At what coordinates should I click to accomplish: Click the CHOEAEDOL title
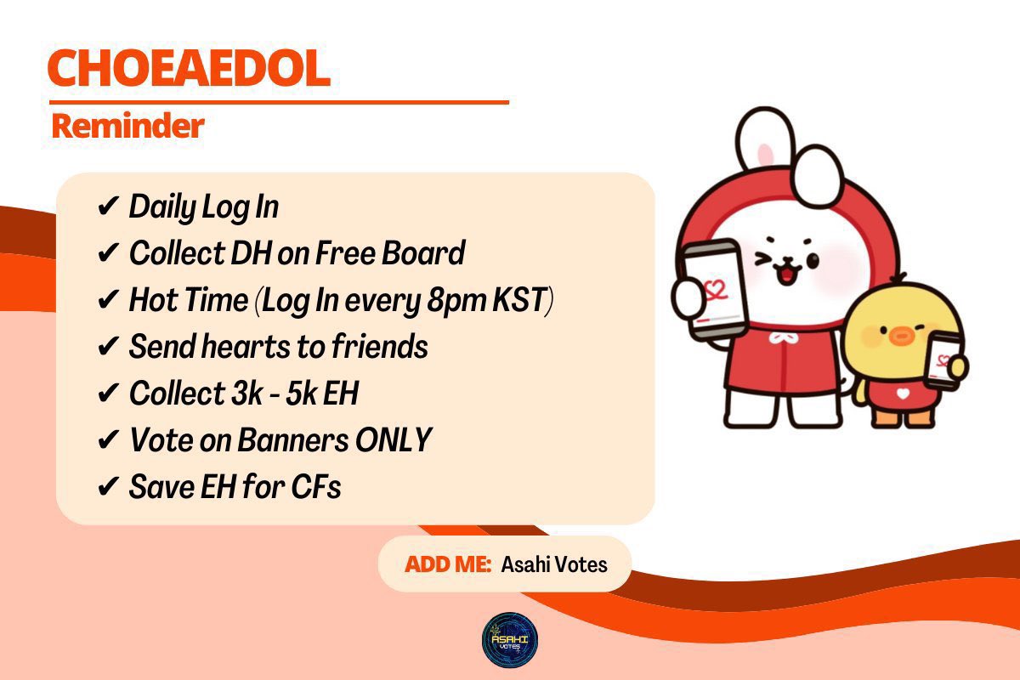coord(189,70)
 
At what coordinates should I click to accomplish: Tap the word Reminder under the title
coord(127,126)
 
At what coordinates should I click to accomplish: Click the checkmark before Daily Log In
coord(108,207)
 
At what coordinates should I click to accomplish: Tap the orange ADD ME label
coord(448,564)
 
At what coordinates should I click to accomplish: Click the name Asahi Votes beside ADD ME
coord(554,564)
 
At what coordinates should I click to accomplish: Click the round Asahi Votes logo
coord(510,638)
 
